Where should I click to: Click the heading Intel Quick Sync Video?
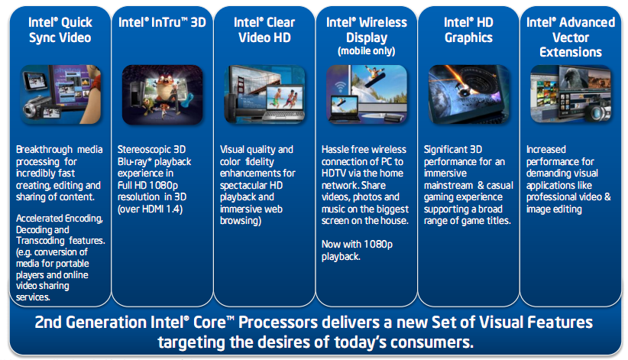click(x=60, y=30)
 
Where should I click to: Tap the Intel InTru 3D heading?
click(x=162, y=22)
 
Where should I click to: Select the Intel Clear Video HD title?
click(x=264, y=30)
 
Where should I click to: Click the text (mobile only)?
click(x=367, y=51)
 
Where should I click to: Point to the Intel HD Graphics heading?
click(x=468, y=30)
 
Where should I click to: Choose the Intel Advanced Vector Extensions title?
click(x=571, y=37)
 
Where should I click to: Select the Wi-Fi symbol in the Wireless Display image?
click(x=341, y=87)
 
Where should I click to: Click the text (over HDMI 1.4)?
click(x=150, y=209)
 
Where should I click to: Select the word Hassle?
click(x=334, y=150)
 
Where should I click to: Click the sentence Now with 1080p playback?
click(x=358, y=250)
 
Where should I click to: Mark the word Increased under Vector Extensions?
click(x=546, y=150)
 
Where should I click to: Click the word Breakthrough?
click(x=44, y=150)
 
